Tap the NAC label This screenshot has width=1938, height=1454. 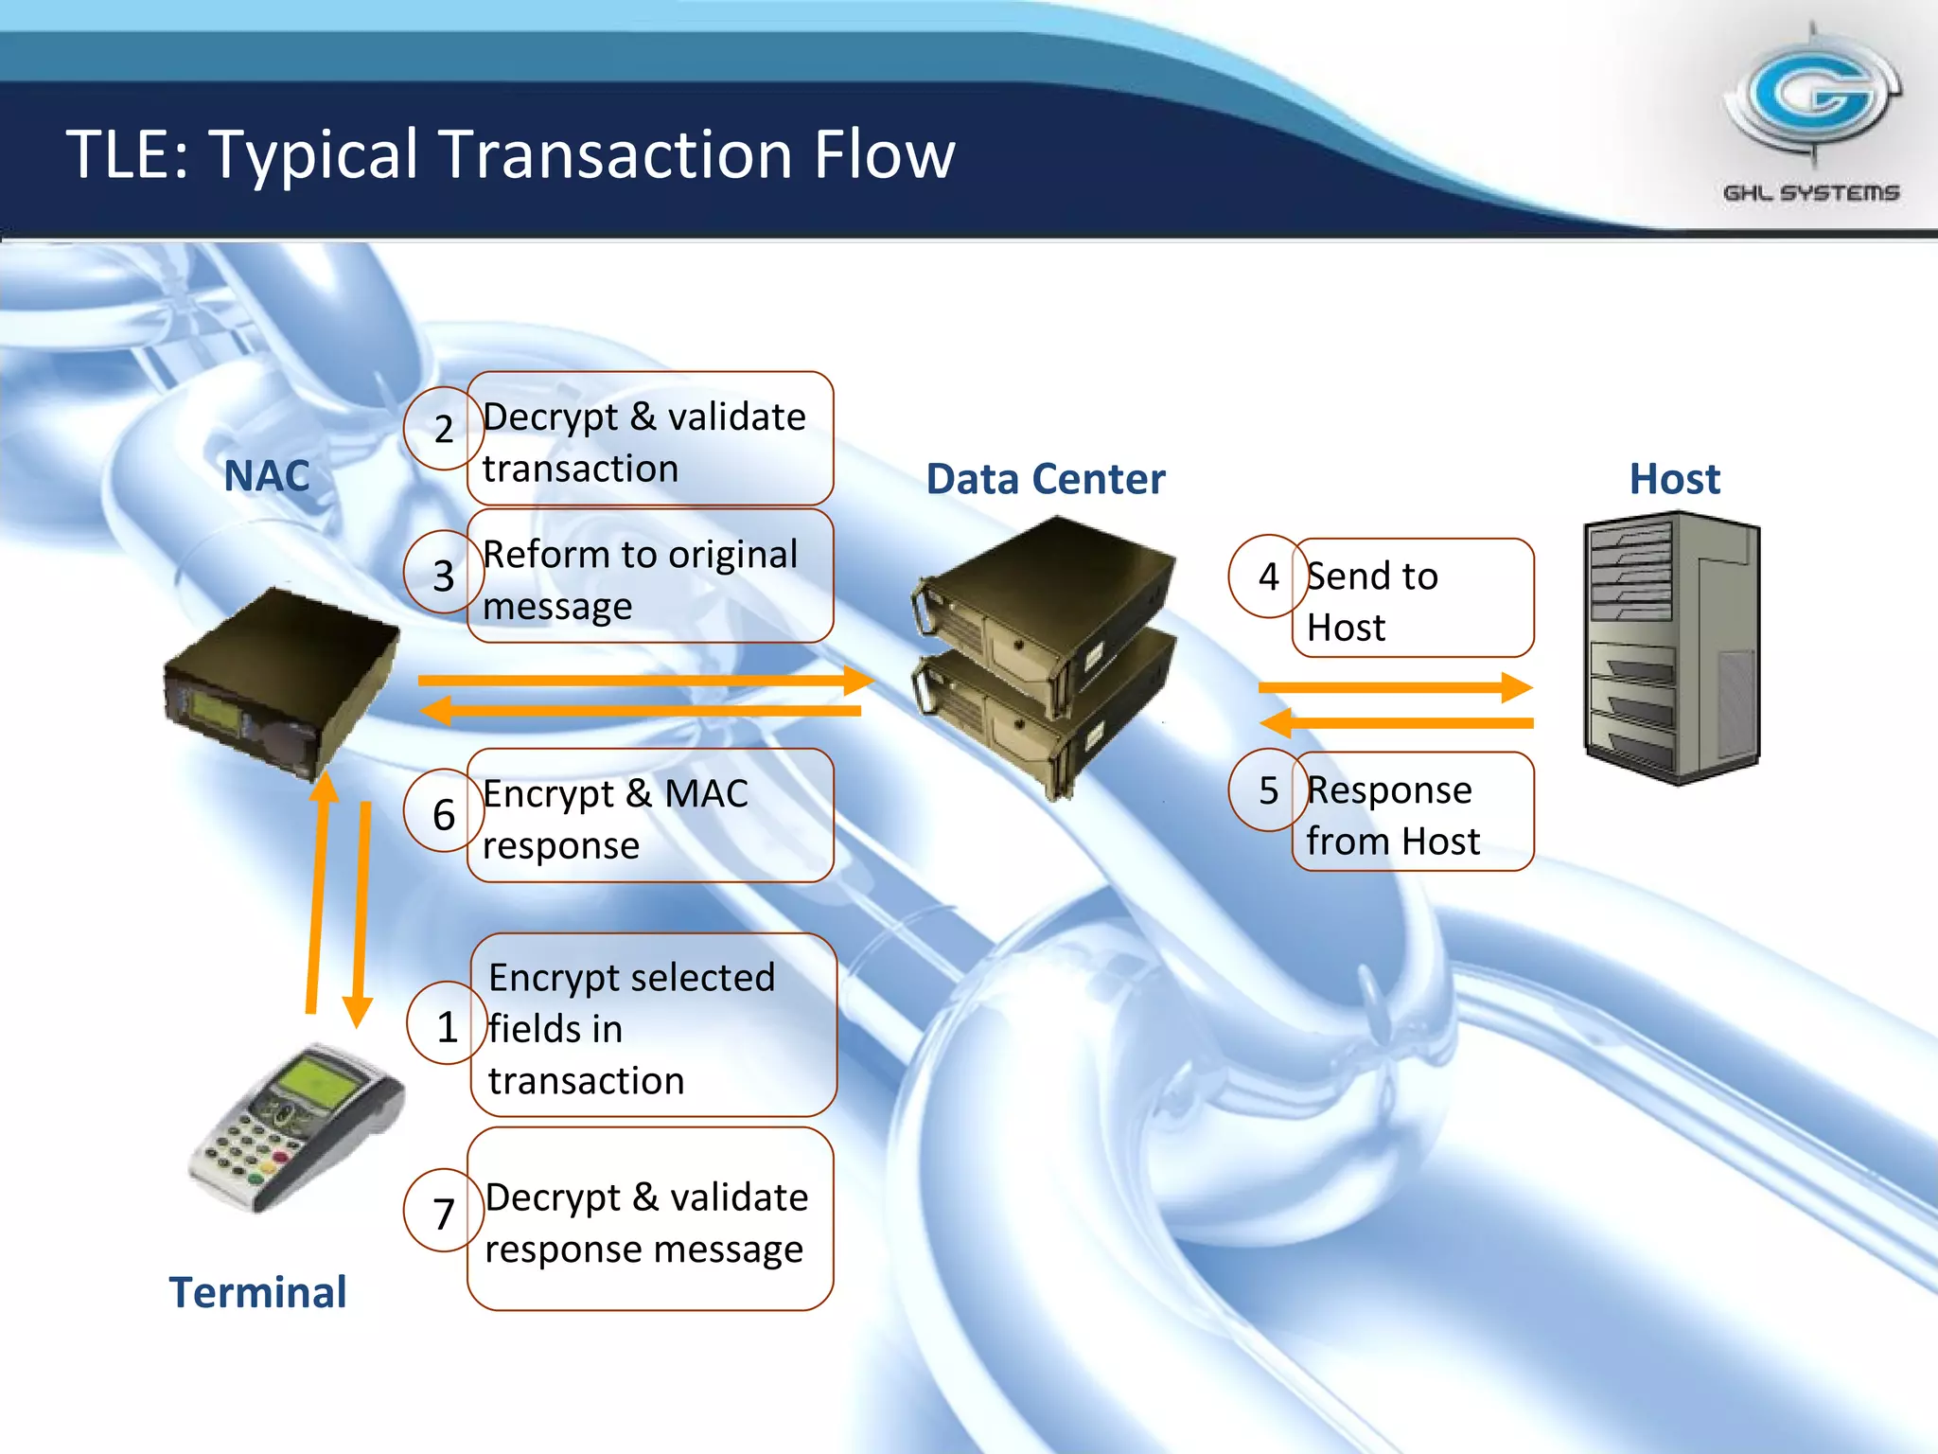pos(267,475)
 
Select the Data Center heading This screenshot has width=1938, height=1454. pos(1045,479)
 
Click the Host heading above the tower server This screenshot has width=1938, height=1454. pos(1673,479)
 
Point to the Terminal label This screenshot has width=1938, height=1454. pos(257,1292)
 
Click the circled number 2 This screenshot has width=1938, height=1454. pos(444,430)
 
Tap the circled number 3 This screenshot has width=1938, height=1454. pos(444,576)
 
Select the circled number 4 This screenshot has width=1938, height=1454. pos(1268,576)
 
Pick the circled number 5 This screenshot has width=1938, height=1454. pos(1268,790)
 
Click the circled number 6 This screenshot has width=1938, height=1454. pos(444,815)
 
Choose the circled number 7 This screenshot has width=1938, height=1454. pos(444,1214)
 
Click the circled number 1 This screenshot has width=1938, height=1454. pos(447,1027)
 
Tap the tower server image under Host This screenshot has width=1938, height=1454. pos(1671,647)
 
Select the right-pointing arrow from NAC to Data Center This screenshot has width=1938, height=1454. pos(643,681)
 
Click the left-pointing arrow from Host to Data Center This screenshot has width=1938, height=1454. pos(1397,723)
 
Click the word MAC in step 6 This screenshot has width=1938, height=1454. pos(706,793)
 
